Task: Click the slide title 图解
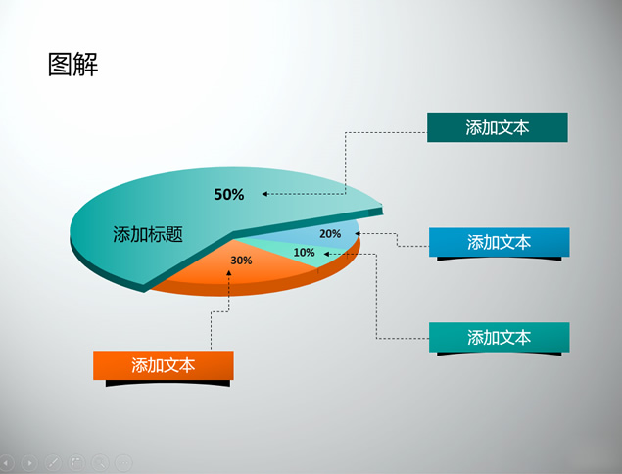tap(73, 65)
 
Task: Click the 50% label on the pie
tap(229, 194)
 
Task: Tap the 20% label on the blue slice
tap(330, 234)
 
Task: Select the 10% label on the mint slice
tap(304, 253)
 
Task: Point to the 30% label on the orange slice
tap(241, 261)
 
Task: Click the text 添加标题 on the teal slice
tap(148, 234)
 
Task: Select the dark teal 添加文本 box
tap(497, 127)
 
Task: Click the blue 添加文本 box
tap(499, 242)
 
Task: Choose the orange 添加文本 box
tap(164, 365)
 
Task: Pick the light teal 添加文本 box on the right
tap(499, 337)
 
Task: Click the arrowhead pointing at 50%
tap(264, 194)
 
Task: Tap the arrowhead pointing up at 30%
tap(229, 273)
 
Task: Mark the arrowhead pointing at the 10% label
tap(326, 254)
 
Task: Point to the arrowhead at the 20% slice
tap(358, 234)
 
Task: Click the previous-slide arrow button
tap(6, 463)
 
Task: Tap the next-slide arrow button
tap(29, 463)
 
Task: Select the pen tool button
tap(53, 463)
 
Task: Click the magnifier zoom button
tap(100, 463)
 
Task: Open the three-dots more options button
tap(123, 463)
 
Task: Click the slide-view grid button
tap(76, 463)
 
